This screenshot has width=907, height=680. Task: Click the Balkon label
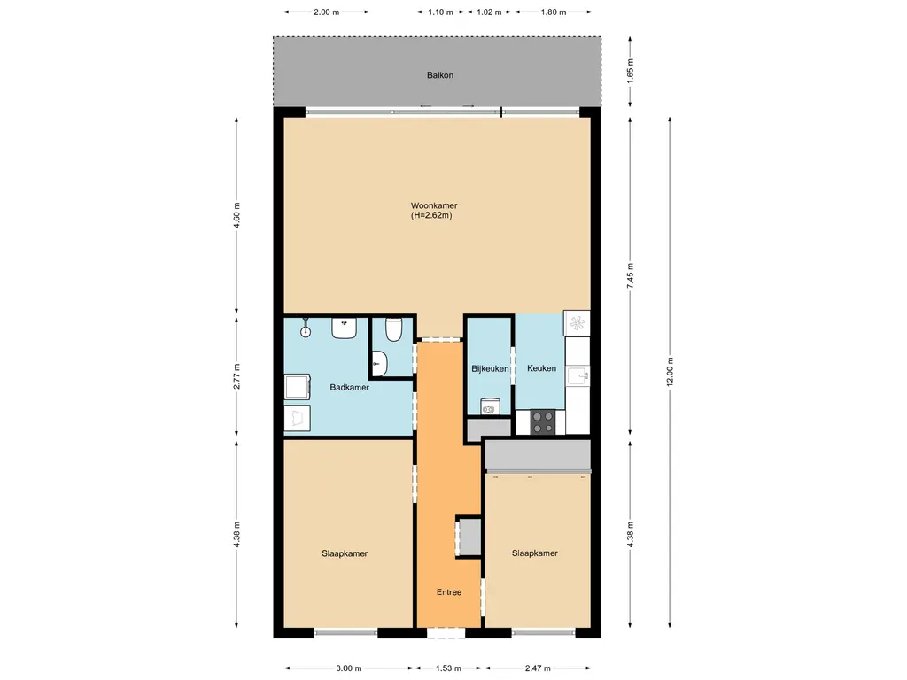click(439, 75)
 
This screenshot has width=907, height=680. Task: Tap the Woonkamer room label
click(434, 205)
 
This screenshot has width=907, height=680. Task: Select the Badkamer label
click(349, 388)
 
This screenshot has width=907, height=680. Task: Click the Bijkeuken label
click(490, 369)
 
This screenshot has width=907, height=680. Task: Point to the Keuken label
click(541, 368)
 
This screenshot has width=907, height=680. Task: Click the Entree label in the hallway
click(449, 592)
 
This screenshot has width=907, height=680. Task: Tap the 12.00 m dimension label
click(670, 372)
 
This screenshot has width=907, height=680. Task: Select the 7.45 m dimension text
click(630, 276)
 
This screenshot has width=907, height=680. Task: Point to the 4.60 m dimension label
click(236, 216)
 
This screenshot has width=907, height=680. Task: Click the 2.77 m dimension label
click(236, 375)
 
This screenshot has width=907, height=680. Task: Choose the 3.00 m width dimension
click(349, 668)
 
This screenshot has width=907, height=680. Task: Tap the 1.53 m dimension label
click(448, 668)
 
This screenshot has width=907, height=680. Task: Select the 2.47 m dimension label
click(538, 668)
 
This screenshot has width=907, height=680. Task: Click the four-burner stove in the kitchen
click(543, 422)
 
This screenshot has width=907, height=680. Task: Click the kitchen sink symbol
click(578, 375)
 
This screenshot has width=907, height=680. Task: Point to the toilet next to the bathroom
click(393, 329)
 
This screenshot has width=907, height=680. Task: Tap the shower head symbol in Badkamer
click(306, 328)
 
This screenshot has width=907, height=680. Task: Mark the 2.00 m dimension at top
click(326, 12)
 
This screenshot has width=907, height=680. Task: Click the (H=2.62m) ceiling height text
click(431, 216)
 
